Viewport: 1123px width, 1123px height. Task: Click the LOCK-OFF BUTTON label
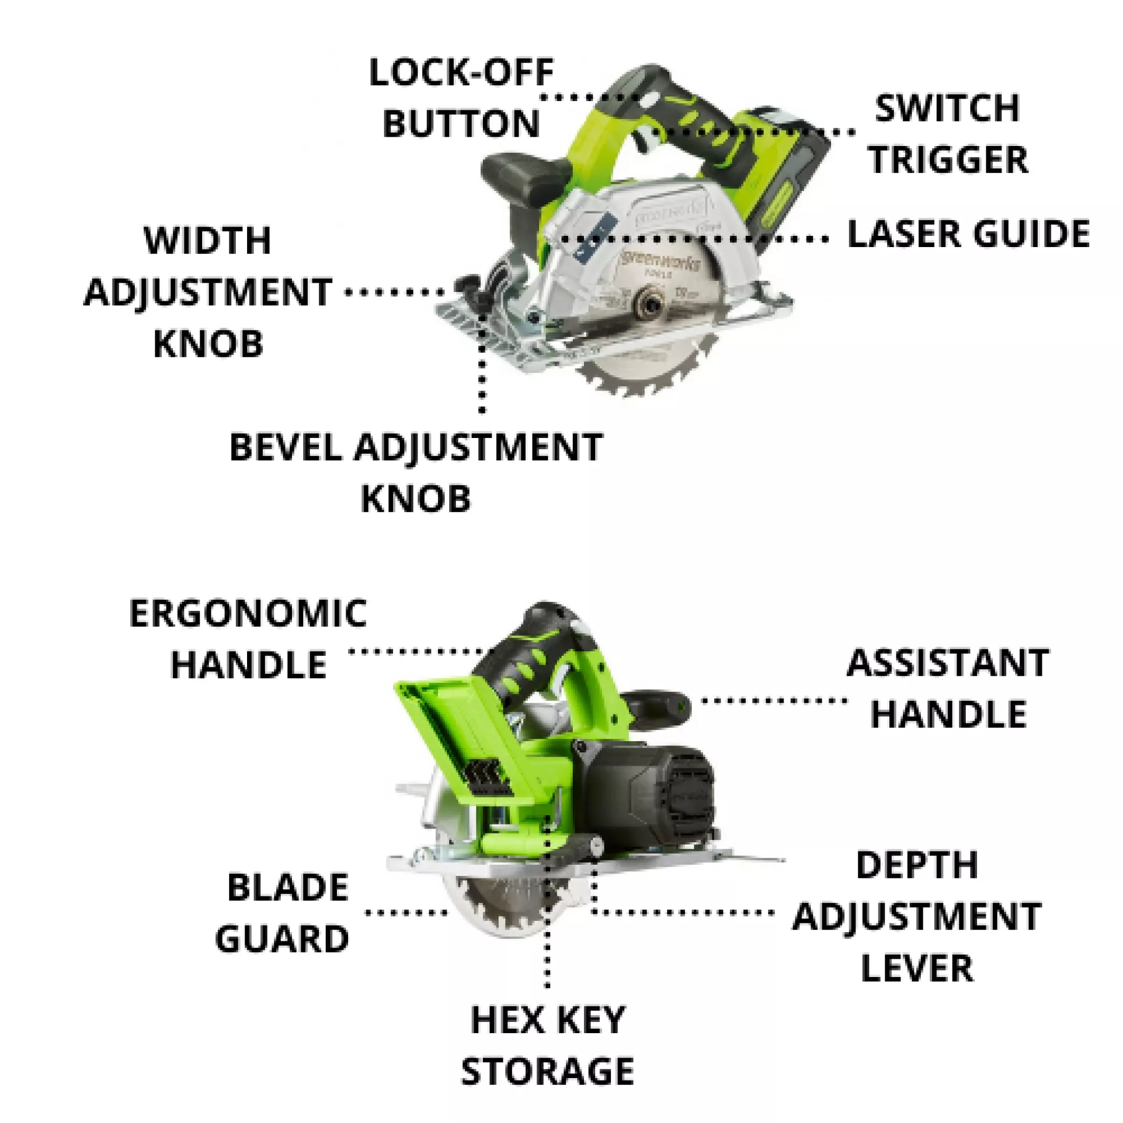point(461,97)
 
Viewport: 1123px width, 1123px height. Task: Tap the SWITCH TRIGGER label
point(948,134)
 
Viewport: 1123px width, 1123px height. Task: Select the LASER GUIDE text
point(968,234)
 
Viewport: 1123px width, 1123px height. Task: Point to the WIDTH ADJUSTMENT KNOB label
point(208,292)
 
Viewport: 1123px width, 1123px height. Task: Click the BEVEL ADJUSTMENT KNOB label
point(416,473)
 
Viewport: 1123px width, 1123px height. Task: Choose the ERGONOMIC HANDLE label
point(248,639)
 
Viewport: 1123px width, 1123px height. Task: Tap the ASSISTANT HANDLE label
point(948,688)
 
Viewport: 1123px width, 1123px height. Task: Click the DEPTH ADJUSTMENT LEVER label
point(917,917)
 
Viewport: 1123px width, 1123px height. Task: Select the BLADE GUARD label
point(282,913)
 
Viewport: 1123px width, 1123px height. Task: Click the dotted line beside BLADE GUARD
point(406,913)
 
